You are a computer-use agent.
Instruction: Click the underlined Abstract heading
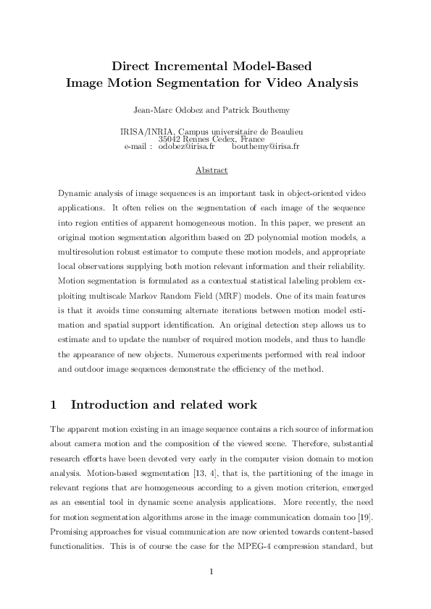pos(212,171)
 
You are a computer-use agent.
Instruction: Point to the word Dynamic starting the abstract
pos(75,196)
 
